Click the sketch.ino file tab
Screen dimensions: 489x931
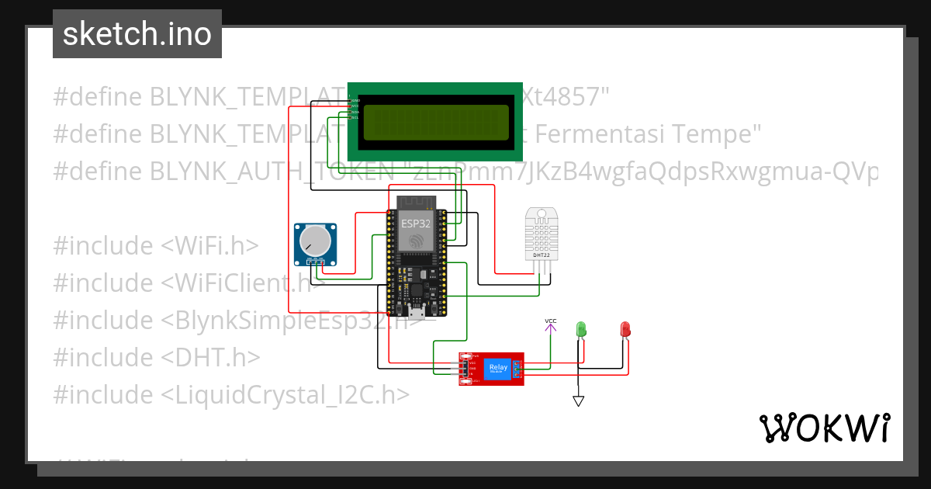137,34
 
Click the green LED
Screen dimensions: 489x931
580,330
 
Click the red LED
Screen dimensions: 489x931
625,330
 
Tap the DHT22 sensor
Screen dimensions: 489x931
542,233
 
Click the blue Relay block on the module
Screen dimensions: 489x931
497,369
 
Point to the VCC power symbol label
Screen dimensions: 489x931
550,321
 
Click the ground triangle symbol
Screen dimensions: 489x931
578,401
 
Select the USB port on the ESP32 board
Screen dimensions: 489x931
416,312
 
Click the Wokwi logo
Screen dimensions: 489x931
824,428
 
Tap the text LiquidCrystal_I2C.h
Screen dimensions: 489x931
285,395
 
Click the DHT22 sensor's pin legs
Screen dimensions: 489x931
542,267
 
